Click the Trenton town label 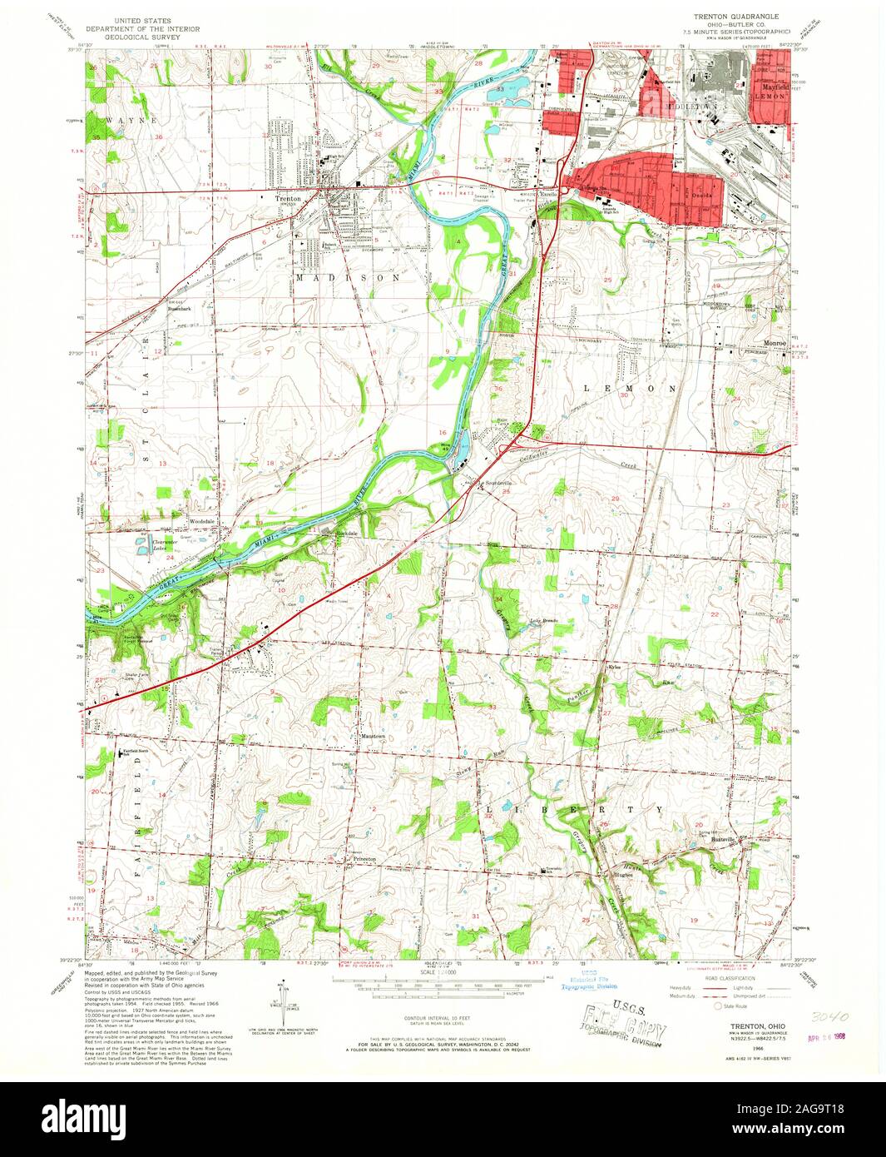(x=288, y=198)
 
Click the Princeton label (x=363, y=858)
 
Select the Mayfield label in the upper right (x=770, y=85)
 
